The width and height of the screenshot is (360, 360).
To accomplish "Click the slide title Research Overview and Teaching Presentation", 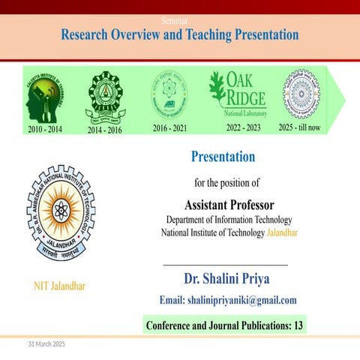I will pyautogui.click(x=179, y=35).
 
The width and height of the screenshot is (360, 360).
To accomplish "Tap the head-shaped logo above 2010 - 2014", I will pyautogui.click(x=44, y=95).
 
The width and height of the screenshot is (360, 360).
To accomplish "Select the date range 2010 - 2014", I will pyautogui.click(x=44, y=129).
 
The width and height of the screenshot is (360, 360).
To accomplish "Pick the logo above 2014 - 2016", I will pyautogui.click(x=105, y=95).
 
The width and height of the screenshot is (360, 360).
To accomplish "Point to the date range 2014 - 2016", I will pyautogui.click(x=105, y=130).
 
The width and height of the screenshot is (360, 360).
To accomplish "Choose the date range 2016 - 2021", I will pyautogui.click(x=169, y=128).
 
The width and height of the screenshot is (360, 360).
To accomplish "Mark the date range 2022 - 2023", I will pyautogui.click(x=243, y=127).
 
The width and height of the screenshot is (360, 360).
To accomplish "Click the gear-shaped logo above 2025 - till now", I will pyautogui.click(x=301, y=94).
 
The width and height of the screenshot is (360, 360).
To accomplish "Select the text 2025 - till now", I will pyautogui.click(x=299, y=127).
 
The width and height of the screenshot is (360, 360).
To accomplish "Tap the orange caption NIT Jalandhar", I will pyautogui.click(x=59, y=286).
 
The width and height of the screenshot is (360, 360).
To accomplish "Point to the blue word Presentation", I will pyautogui.click(x=223, y=157).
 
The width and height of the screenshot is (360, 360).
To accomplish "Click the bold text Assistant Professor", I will pyautogui.click(x=229, y=205).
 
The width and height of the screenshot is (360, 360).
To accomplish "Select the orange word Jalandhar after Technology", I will pyautogui.click(x=282, y=232).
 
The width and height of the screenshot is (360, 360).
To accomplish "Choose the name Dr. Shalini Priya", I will pyautogui.click(x=226, y=279).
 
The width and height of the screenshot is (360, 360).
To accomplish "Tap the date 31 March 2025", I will pyautogui.click(x=47, y=343).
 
